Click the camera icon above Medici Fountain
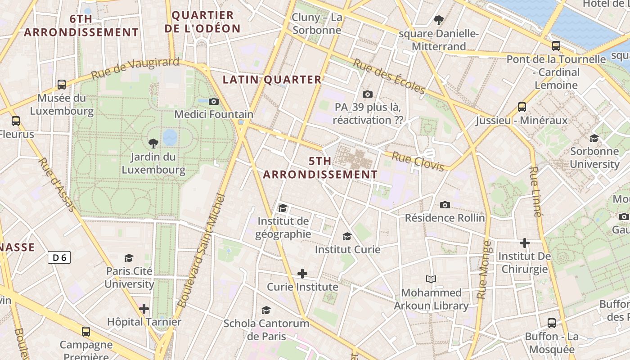tap(214, 101)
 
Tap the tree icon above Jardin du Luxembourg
tap(153, 144)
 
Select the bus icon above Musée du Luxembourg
tap(62, 84)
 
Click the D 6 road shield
tap(59, 257)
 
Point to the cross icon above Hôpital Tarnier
tap(144, 309)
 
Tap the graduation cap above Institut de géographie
tap(283, 208)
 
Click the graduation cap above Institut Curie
tap(347, 236)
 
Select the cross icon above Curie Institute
tap(302, 274)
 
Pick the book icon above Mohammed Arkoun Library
tap(431, 279)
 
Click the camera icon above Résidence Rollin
tap(445, 205)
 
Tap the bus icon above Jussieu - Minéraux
tap(522, 107)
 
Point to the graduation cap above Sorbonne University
tap(594, 138)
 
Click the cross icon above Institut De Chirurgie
tap(525, 243)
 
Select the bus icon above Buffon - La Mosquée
tap(552, 323)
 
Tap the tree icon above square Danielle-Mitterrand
tap(439, 20)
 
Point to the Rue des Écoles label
tap(389, 76)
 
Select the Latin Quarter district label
tap(272, 80)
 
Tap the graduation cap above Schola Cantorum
tap(266, 310)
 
